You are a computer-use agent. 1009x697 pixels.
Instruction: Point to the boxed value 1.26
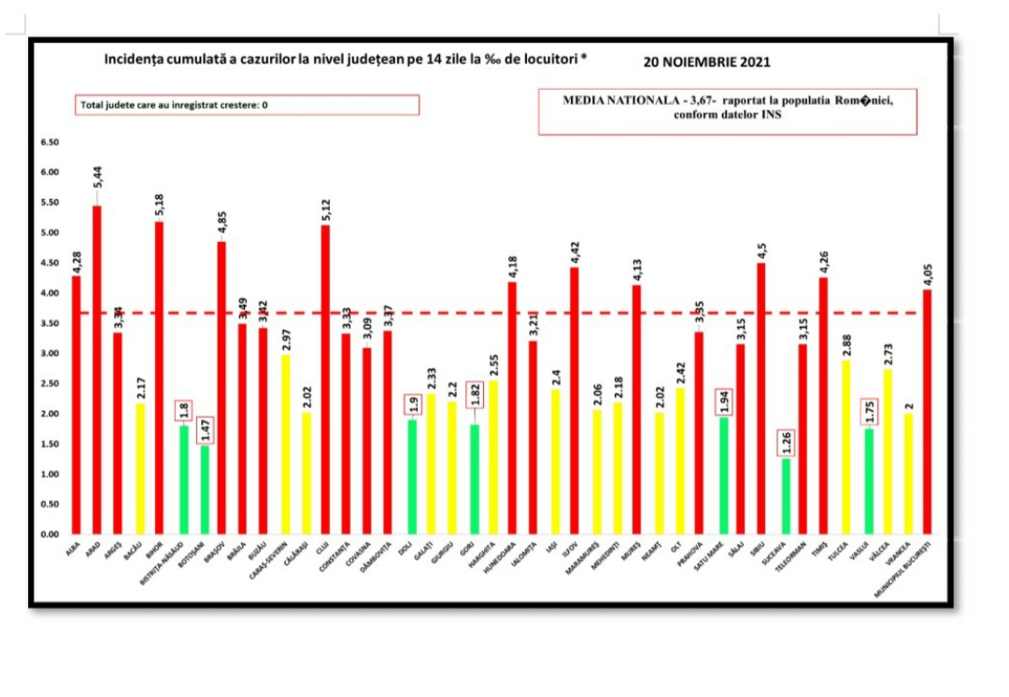pyautogui.click(x=785, y=443)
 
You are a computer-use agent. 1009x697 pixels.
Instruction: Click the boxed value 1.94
pyautogui.click(x=722, y=402)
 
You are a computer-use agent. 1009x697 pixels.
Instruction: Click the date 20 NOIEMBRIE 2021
pyautogui.click(x=706, y=64)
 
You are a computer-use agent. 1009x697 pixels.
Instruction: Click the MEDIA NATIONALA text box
pyautogui.click(x=728, y=111)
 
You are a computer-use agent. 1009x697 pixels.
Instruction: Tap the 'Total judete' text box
pyautogui.click(x=247, y=105)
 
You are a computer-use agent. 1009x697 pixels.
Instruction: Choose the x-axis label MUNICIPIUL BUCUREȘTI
pyautogui.click(x=906, y=570)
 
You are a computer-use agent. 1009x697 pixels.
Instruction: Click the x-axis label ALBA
pyautogui.click(x=73, y=550)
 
